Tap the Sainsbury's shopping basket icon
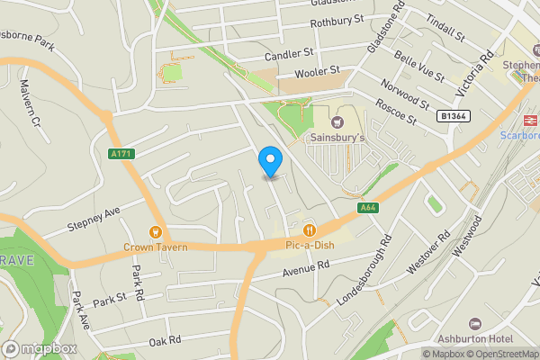[337, 121]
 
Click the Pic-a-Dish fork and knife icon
[310, 228]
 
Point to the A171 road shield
[120, 154]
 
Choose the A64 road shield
[366, 208]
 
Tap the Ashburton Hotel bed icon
[474, 324]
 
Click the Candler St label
[288, 55]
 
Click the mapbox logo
[40, 348]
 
